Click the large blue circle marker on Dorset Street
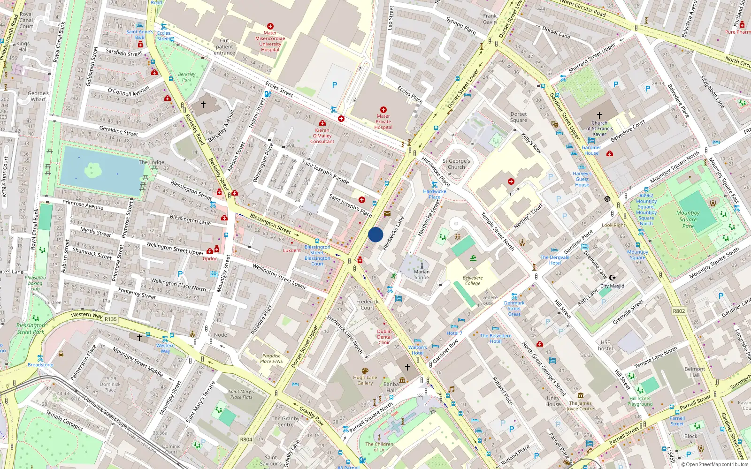tap(375, 234)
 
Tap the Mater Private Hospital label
tap(383, 121)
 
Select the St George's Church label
tap(456, 164)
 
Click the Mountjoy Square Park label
tap(688, 219)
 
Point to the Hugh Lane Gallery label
tap(365, 380)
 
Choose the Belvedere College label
tap(473, 280)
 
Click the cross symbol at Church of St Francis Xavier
tap(599, 115)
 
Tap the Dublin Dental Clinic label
tap(384, 337)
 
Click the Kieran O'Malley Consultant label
tap(322, 136)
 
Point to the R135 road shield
tap(111, 319)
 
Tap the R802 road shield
tap(679, 311)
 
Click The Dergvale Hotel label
tap(555, 260)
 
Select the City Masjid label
tap(612, 286)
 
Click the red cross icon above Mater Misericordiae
tap(270, 26)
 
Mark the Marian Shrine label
tap(421, 274)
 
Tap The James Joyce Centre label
tap(580, 406)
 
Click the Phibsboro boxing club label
tap(35, 283)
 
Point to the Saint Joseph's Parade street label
tap(325, 171)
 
